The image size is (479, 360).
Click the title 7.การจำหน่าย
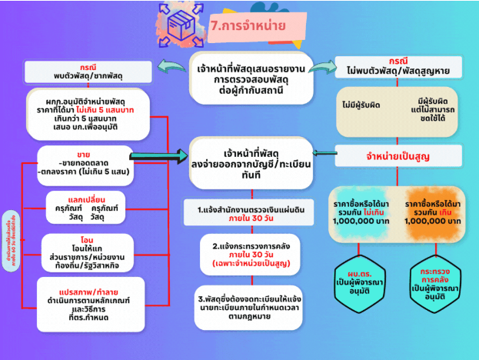click(248, 25)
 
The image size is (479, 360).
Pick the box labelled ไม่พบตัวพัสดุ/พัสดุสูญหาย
click(398, 66)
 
